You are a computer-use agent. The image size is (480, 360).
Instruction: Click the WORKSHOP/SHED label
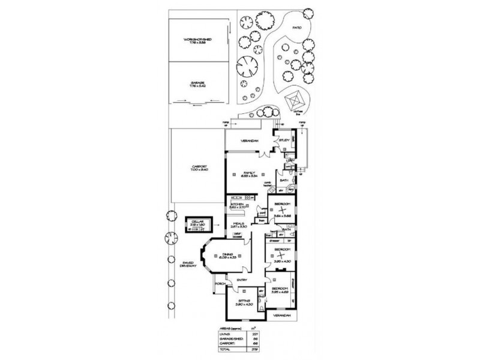[199, 41]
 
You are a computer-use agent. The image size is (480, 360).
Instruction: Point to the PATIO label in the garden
[296, 26]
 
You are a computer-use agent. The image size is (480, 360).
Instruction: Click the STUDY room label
[285, 140]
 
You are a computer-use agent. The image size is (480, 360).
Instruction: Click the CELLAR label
[199, 221]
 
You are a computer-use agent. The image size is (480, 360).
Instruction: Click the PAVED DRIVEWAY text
[187, 264]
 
